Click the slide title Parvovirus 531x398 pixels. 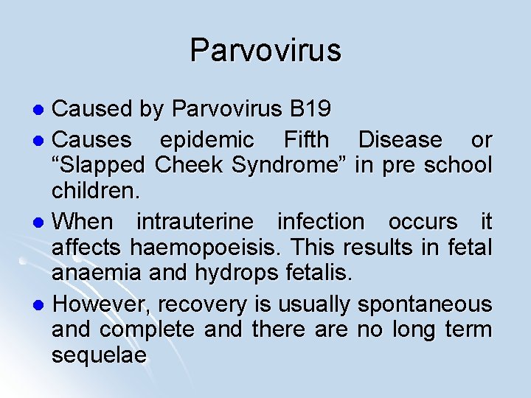(265, 51)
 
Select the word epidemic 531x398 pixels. (206, 139)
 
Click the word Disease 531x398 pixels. (400, 139)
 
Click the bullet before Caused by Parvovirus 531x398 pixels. (42, 111)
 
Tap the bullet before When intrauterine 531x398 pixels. (42, 222)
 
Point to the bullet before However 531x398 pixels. (42, 304)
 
